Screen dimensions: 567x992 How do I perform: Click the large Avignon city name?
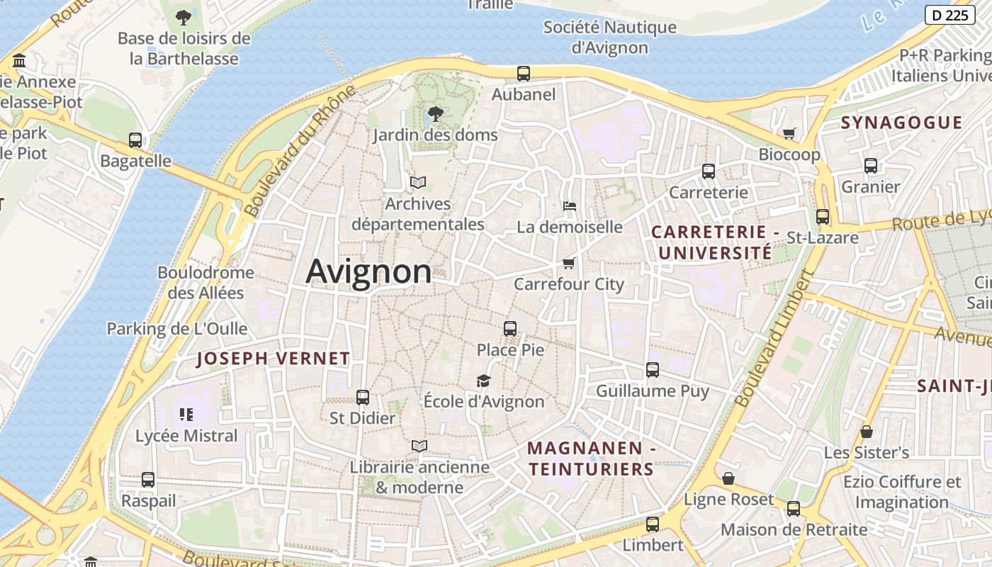pos(368,272)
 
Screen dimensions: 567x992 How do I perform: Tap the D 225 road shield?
pos(949,15)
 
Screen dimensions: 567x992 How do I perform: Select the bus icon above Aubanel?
pos(523,73)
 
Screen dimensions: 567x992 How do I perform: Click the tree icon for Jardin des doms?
pos(435,113)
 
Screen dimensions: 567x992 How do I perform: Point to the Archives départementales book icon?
pos(418,183)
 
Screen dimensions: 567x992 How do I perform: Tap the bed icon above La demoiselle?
pos(569,206)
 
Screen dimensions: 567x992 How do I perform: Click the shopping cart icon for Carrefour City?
pos(568,264)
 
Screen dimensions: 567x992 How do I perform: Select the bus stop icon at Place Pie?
pos(509,328)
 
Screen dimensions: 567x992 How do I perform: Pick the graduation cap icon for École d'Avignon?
pos(483,381)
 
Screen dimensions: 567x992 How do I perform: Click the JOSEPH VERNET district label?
pos(273,359)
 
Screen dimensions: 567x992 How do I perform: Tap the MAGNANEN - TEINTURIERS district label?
pos(591,459)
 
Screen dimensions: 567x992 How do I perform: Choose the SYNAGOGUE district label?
pos(901,123)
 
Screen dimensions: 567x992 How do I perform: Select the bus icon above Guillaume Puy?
pos(652,370)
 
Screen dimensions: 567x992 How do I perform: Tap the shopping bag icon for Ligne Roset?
pos(728,479)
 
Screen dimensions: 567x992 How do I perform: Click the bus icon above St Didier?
pos(362,398)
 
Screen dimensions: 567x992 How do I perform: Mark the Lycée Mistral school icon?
pos(186,415)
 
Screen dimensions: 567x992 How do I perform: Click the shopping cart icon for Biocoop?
pos(789,133)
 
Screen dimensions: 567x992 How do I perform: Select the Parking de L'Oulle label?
pos(177,329)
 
